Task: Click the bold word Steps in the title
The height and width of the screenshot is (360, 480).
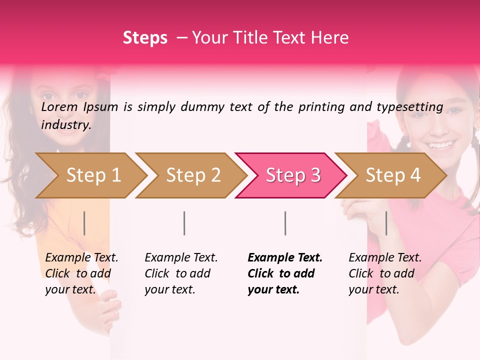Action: tap(145, 38)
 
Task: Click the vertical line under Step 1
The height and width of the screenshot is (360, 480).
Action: tap(84, 223)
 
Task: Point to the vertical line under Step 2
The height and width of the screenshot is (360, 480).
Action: tap(184, 223)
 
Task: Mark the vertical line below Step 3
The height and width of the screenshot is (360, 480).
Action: tap(285, 223)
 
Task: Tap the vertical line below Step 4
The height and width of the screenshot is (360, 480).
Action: tap(386, 223)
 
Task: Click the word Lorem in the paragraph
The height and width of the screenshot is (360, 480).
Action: tap(59, 106)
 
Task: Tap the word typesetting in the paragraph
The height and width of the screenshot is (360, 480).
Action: tap(409, 106)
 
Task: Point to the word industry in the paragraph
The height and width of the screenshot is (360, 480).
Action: tap(65, 124)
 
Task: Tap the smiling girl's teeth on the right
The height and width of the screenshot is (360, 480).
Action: tap(440, 146)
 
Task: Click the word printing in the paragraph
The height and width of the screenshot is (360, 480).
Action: tap(319, 106)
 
